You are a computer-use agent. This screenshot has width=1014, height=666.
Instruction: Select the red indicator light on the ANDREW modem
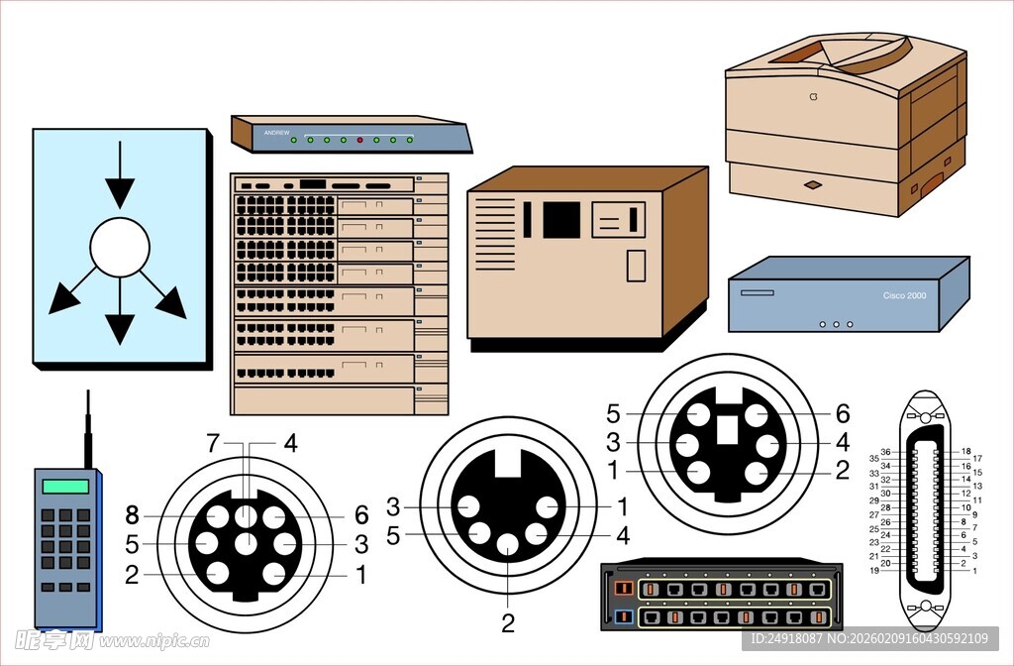point(359,140)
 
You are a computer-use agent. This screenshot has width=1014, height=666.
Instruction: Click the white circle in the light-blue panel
point(120,247)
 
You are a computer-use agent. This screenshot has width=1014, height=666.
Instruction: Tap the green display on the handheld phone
point(65,486)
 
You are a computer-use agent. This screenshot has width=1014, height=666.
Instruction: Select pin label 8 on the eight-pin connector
point(133,514)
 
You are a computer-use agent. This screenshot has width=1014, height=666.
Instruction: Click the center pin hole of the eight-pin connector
point(247,543)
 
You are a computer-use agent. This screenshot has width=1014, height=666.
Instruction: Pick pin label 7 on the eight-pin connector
point(212,443)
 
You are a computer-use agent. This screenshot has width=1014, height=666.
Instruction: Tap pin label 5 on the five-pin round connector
point(393,536)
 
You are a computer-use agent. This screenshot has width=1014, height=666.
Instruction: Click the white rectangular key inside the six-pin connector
point(728,428)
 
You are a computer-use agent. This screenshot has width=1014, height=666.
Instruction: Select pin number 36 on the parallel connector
point(886,452)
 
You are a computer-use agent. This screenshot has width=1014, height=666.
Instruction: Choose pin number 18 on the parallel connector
point(965,452)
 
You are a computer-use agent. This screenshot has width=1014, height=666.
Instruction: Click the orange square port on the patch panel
point(623,588)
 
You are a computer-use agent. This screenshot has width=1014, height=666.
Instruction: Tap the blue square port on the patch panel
point(623,617)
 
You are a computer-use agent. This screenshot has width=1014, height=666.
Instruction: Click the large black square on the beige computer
point(561,219)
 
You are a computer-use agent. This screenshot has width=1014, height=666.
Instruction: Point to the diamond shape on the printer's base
point(812,184)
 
